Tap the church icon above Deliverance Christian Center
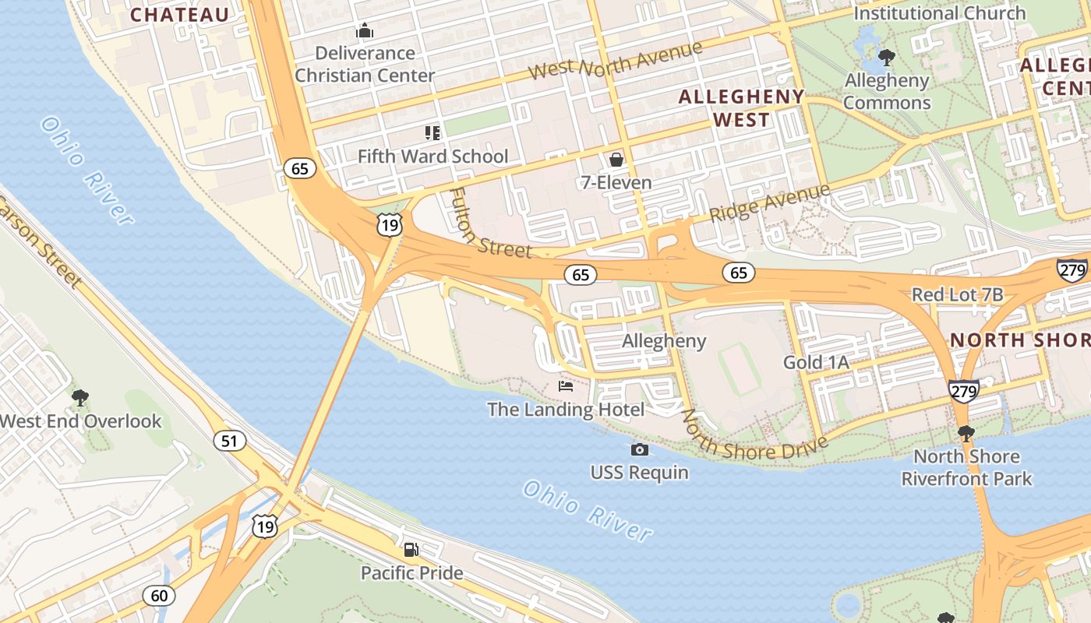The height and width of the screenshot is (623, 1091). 365,31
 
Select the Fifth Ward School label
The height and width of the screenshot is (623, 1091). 433,157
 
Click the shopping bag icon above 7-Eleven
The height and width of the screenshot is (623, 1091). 616,160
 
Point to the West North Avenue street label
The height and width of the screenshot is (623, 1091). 615,60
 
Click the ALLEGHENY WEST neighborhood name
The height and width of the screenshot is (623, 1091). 741,108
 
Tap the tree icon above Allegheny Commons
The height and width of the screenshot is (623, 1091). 886,57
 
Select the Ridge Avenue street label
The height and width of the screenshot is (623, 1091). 770,202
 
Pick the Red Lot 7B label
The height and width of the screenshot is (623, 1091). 957,295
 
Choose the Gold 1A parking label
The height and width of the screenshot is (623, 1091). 816,362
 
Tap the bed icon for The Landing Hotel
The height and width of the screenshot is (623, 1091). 566,386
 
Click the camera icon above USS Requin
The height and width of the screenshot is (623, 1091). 639,449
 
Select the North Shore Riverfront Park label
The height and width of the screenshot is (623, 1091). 966,467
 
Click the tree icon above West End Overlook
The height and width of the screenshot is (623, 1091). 79,398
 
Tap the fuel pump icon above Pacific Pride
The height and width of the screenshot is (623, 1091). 411,550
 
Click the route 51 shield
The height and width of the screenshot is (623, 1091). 229,442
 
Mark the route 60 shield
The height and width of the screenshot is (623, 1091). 159,596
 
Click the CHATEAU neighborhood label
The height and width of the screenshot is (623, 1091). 180,15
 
